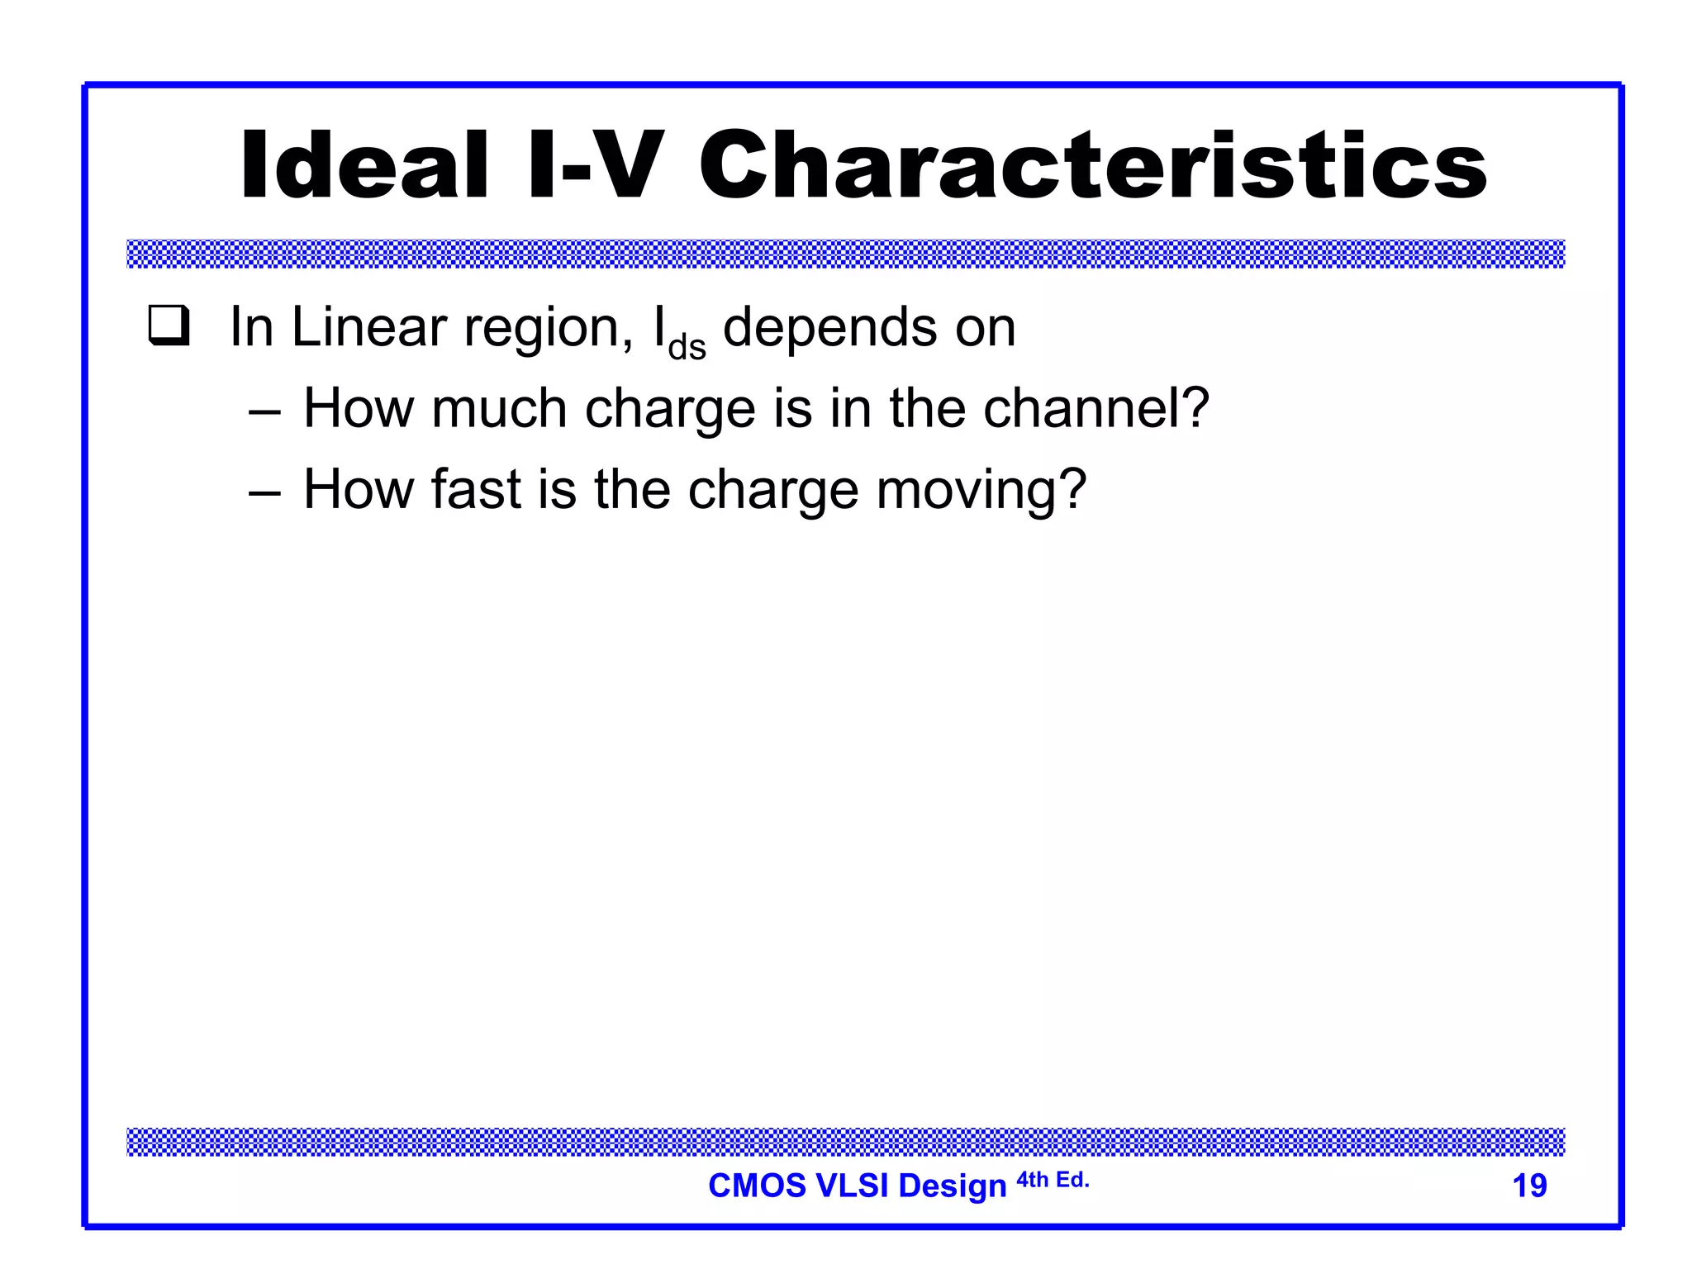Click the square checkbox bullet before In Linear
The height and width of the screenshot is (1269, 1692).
(169, 326)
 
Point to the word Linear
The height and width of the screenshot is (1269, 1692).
(369, 327)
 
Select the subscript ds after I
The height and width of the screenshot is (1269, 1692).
(687, 348)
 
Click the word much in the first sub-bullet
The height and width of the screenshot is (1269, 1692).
(499, 408)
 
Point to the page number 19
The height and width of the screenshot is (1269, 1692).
(1529, 1186)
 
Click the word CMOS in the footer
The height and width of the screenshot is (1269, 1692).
(757, 1186)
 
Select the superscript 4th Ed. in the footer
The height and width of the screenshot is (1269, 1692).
(1053, 1180)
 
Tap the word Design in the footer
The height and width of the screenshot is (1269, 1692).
(953, 1186)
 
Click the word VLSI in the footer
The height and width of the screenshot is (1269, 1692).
(852, 1186)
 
